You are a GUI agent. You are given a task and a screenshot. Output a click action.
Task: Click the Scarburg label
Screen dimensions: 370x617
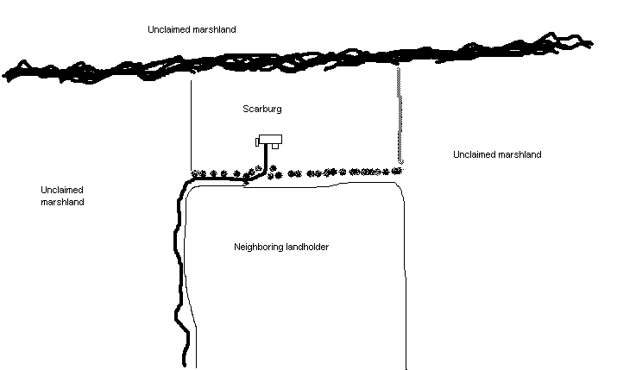(263, 110)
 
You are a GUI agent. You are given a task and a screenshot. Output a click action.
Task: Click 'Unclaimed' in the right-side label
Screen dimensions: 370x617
(474, 154)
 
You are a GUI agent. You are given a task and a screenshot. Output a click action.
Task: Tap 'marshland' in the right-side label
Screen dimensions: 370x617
(519, 154)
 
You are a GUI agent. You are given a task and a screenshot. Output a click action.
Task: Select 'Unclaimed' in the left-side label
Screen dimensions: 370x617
(62, 189)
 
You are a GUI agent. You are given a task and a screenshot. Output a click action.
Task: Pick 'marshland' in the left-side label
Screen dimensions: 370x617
(62, 202)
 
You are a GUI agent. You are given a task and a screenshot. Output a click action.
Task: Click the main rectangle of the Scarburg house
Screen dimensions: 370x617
(273, 140)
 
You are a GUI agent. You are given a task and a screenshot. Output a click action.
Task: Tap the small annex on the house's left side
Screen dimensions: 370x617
(259, 141)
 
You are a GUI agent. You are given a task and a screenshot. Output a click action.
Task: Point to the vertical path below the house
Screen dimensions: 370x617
(266, 159)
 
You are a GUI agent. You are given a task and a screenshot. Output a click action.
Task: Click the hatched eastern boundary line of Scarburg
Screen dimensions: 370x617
(400, 121)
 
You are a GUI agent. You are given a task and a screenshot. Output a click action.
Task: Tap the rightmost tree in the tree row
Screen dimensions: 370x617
(397, 171)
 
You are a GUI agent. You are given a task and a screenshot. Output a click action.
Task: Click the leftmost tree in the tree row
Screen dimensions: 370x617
(196, 173)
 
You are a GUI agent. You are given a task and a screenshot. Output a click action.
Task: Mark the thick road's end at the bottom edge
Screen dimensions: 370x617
(186, 362)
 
